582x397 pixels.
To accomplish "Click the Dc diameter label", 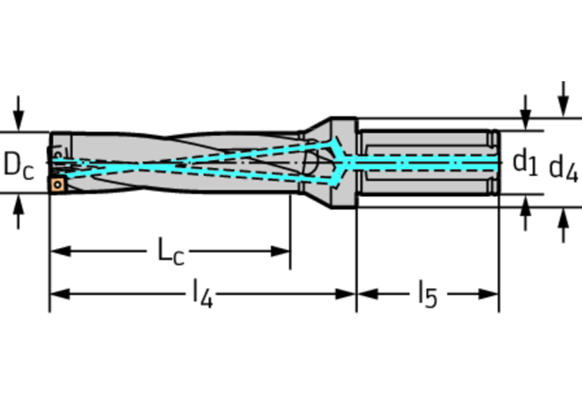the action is (18, 165).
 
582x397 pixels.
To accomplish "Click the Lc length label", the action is (171, 251).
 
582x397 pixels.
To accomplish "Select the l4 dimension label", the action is (203, 294).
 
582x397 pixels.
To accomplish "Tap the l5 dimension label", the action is (428, 294).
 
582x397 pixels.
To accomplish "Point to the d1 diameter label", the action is (525, 162).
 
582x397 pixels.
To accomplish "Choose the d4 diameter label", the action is (564, 168).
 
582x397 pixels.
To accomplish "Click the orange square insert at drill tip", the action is (58, 184).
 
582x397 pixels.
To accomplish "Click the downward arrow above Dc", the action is (18, 113).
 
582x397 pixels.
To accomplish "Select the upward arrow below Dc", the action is (18, 212).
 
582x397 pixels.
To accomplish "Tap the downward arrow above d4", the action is (564, 99).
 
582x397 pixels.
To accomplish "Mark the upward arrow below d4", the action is (564, 225).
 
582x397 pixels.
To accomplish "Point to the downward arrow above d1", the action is (525, 112).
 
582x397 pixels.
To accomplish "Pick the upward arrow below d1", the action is (525, 213).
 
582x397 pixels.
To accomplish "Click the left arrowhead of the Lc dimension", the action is (61, 251).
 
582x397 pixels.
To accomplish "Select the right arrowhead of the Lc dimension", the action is (280, 251).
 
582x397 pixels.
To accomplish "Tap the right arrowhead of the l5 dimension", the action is (489, 294).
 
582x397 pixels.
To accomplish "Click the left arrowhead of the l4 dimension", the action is (61, 294).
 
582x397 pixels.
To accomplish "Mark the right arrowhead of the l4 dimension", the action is (345, 294).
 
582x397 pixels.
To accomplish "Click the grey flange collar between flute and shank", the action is (343, 162).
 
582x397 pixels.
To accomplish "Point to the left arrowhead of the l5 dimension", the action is (368, 294).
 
